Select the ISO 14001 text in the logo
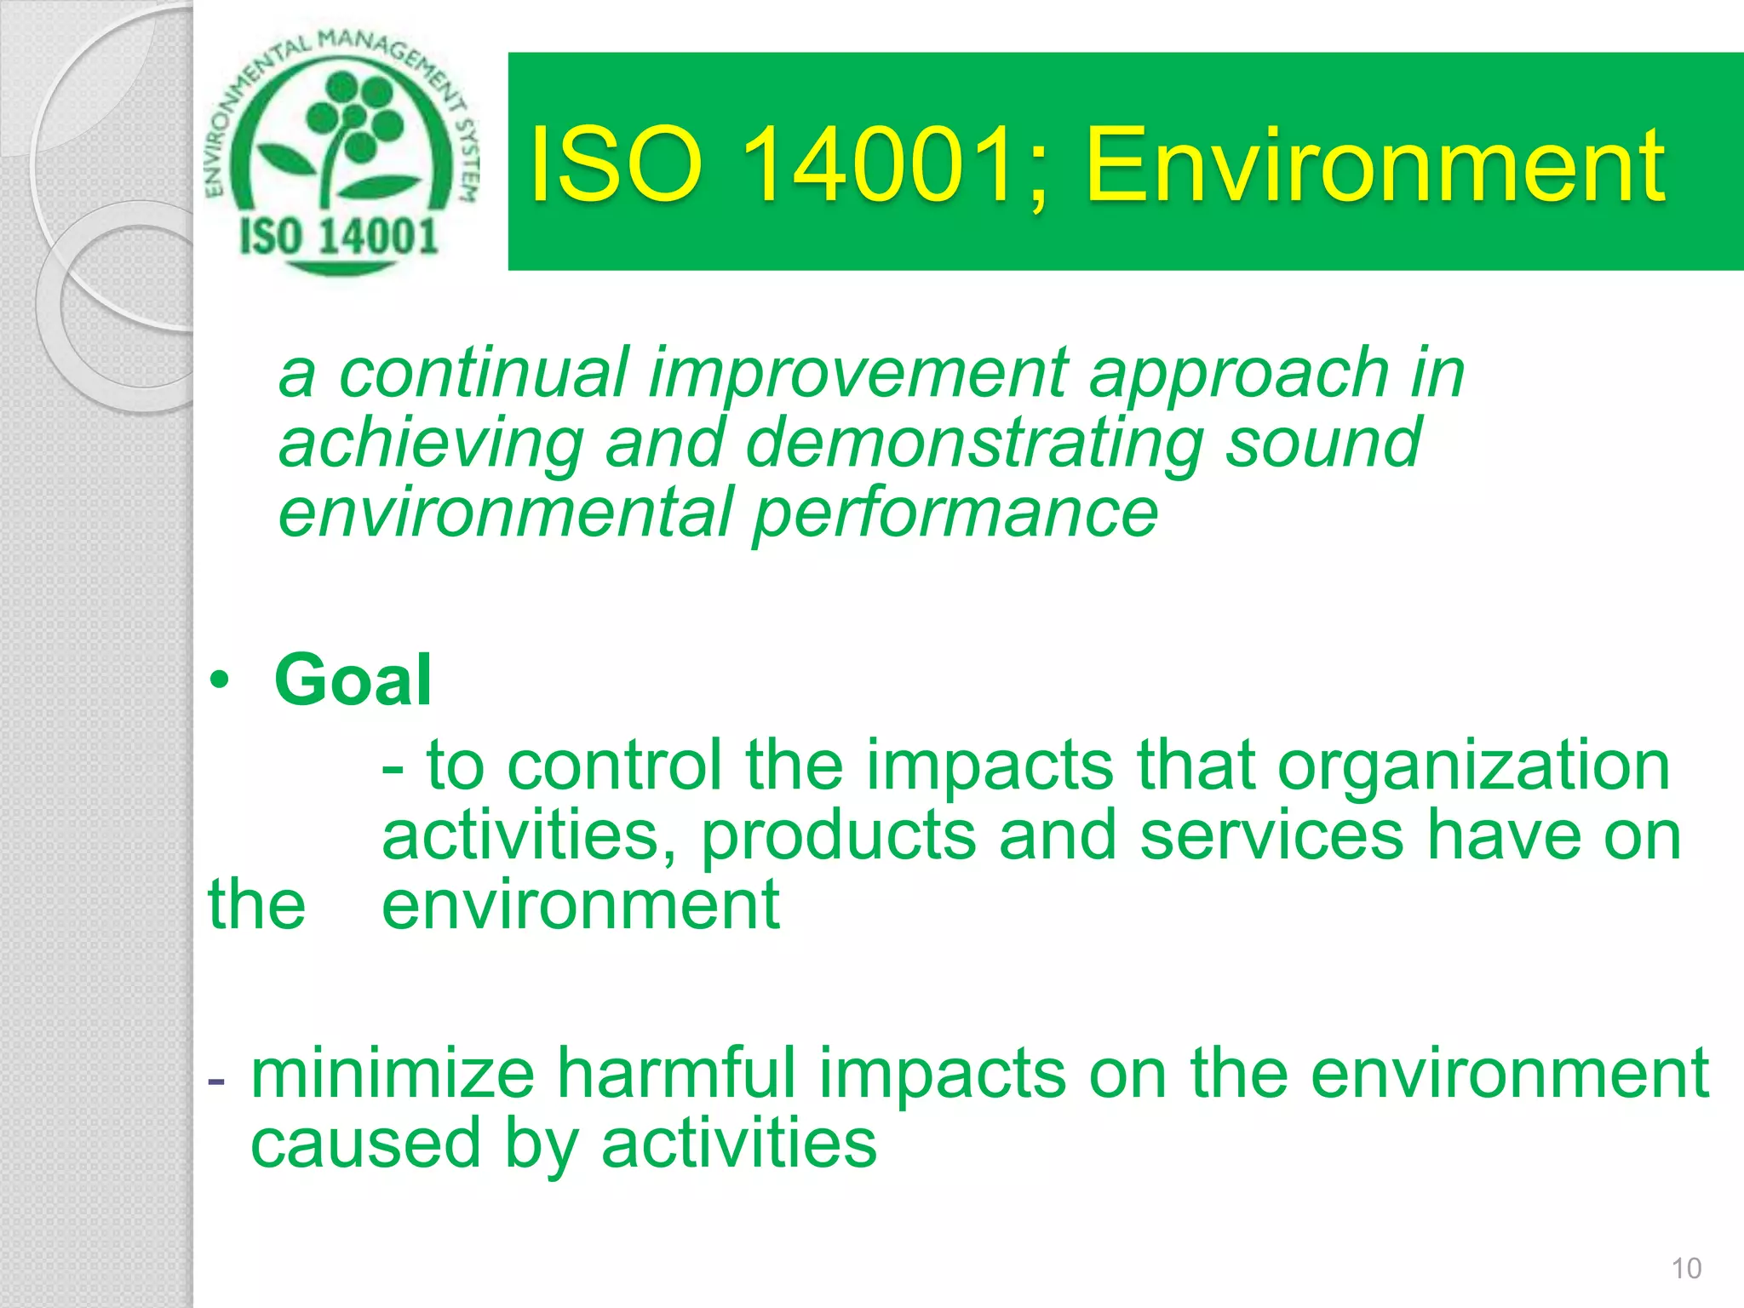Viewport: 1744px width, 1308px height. click(339, 237)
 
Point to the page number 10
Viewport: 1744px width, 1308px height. click(1686, 1268)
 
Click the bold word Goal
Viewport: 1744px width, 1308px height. click(353, 680)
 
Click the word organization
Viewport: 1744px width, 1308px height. click(1473, 766)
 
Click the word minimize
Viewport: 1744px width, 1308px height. click(393, 1075)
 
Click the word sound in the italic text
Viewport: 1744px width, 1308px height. click(1322, 444)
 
